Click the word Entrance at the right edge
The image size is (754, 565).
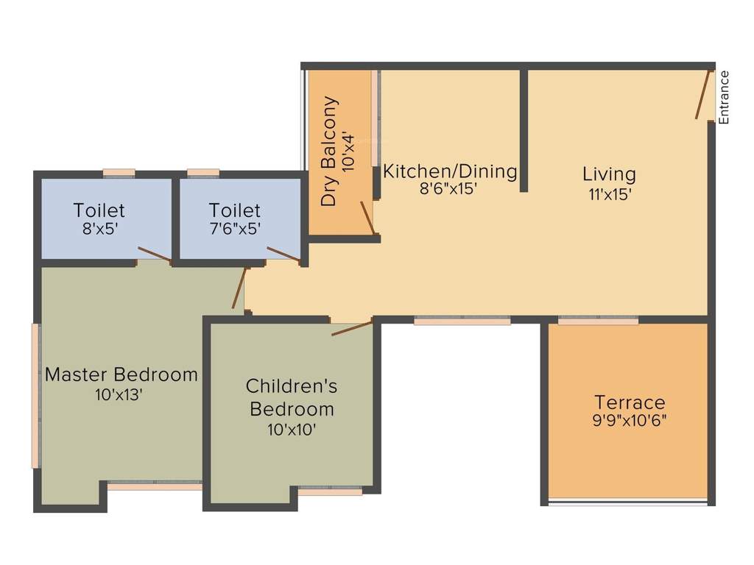[724, 96]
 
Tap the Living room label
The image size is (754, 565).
[609, 174]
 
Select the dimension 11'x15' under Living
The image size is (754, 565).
[609, 195]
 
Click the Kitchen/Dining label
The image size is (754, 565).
[450, 171]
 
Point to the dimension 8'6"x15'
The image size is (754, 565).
[448, 188]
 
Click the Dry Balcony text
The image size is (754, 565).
[330, 151]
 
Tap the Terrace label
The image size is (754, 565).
[630, 402]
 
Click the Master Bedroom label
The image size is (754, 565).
[121, 374]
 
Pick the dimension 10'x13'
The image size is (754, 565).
[119, 394]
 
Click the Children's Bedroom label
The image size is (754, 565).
[292, 397]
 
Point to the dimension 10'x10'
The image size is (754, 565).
[292, 429]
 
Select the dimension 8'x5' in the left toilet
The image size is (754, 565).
[99, 228]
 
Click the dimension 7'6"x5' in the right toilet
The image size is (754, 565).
[234, 228]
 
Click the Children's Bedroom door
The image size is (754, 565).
[352, 328]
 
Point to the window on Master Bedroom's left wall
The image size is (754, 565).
[35, 395]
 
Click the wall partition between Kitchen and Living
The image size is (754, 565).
[524, 131]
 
